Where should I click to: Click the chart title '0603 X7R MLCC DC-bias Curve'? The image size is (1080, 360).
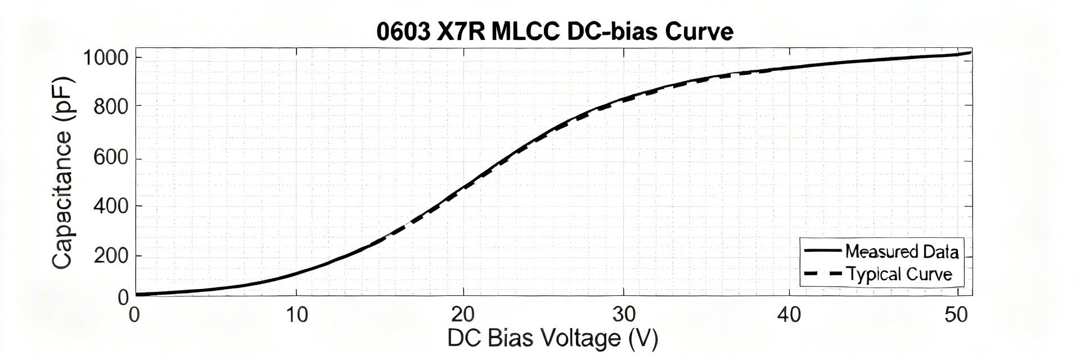click(555, 31)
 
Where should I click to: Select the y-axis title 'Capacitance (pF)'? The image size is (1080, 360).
click(62, 173)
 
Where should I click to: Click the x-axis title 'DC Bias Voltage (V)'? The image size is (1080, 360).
click(552, 339)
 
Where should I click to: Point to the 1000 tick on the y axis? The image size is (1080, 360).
click(106, 58)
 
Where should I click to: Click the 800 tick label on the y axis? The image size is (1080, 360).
click(111, 106)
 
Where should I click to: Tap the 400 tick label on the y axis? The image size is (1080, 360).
click(111, 206)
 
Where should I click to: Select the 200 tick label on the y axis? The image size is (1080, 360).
click(111, 256)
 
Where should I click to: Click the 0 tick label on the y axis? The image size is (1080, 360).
click(123, 296)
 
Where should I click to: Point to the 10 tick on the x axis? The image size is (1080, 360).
click(296, 315)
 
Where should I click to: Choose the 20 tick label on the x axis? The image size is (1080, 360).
click(463, 315)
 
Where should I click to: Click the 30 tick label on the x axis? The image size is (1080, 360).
click(624, 315)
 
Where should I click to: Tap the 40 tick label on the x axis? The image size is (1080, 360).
click(789, 315)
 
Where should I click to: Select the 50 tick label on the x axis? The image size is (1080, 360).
click(956, 315)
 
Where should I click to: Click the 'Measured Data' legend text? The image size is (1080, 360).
click(902, 251)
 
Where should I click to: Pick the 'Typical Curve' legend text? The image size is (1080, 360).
click(899, 274)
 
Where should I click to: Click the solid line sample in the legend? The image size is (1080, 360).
click(822, 251)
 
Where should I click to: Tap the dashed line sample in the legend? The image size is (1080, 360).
click(822, 274)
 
